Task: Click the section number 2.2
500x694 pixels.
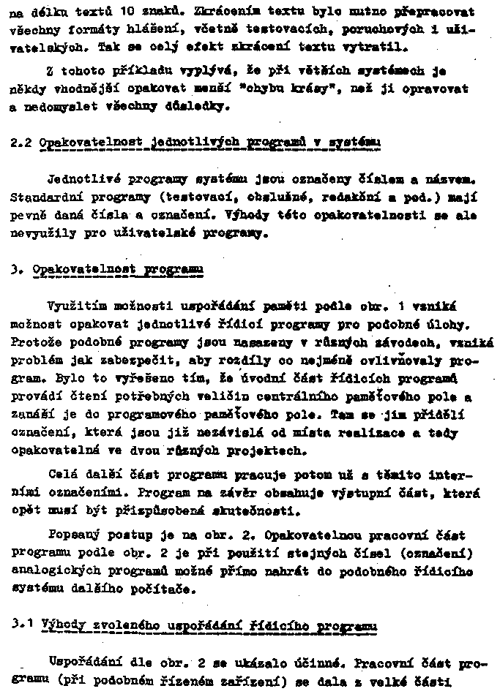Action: coord(20,143)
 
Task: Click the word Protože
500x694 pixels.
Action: coord(34,341)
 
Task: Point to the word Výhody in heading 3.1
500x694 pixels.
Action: coord(65,627)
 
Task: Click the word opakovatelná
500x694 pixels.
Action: coord(51,451)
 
